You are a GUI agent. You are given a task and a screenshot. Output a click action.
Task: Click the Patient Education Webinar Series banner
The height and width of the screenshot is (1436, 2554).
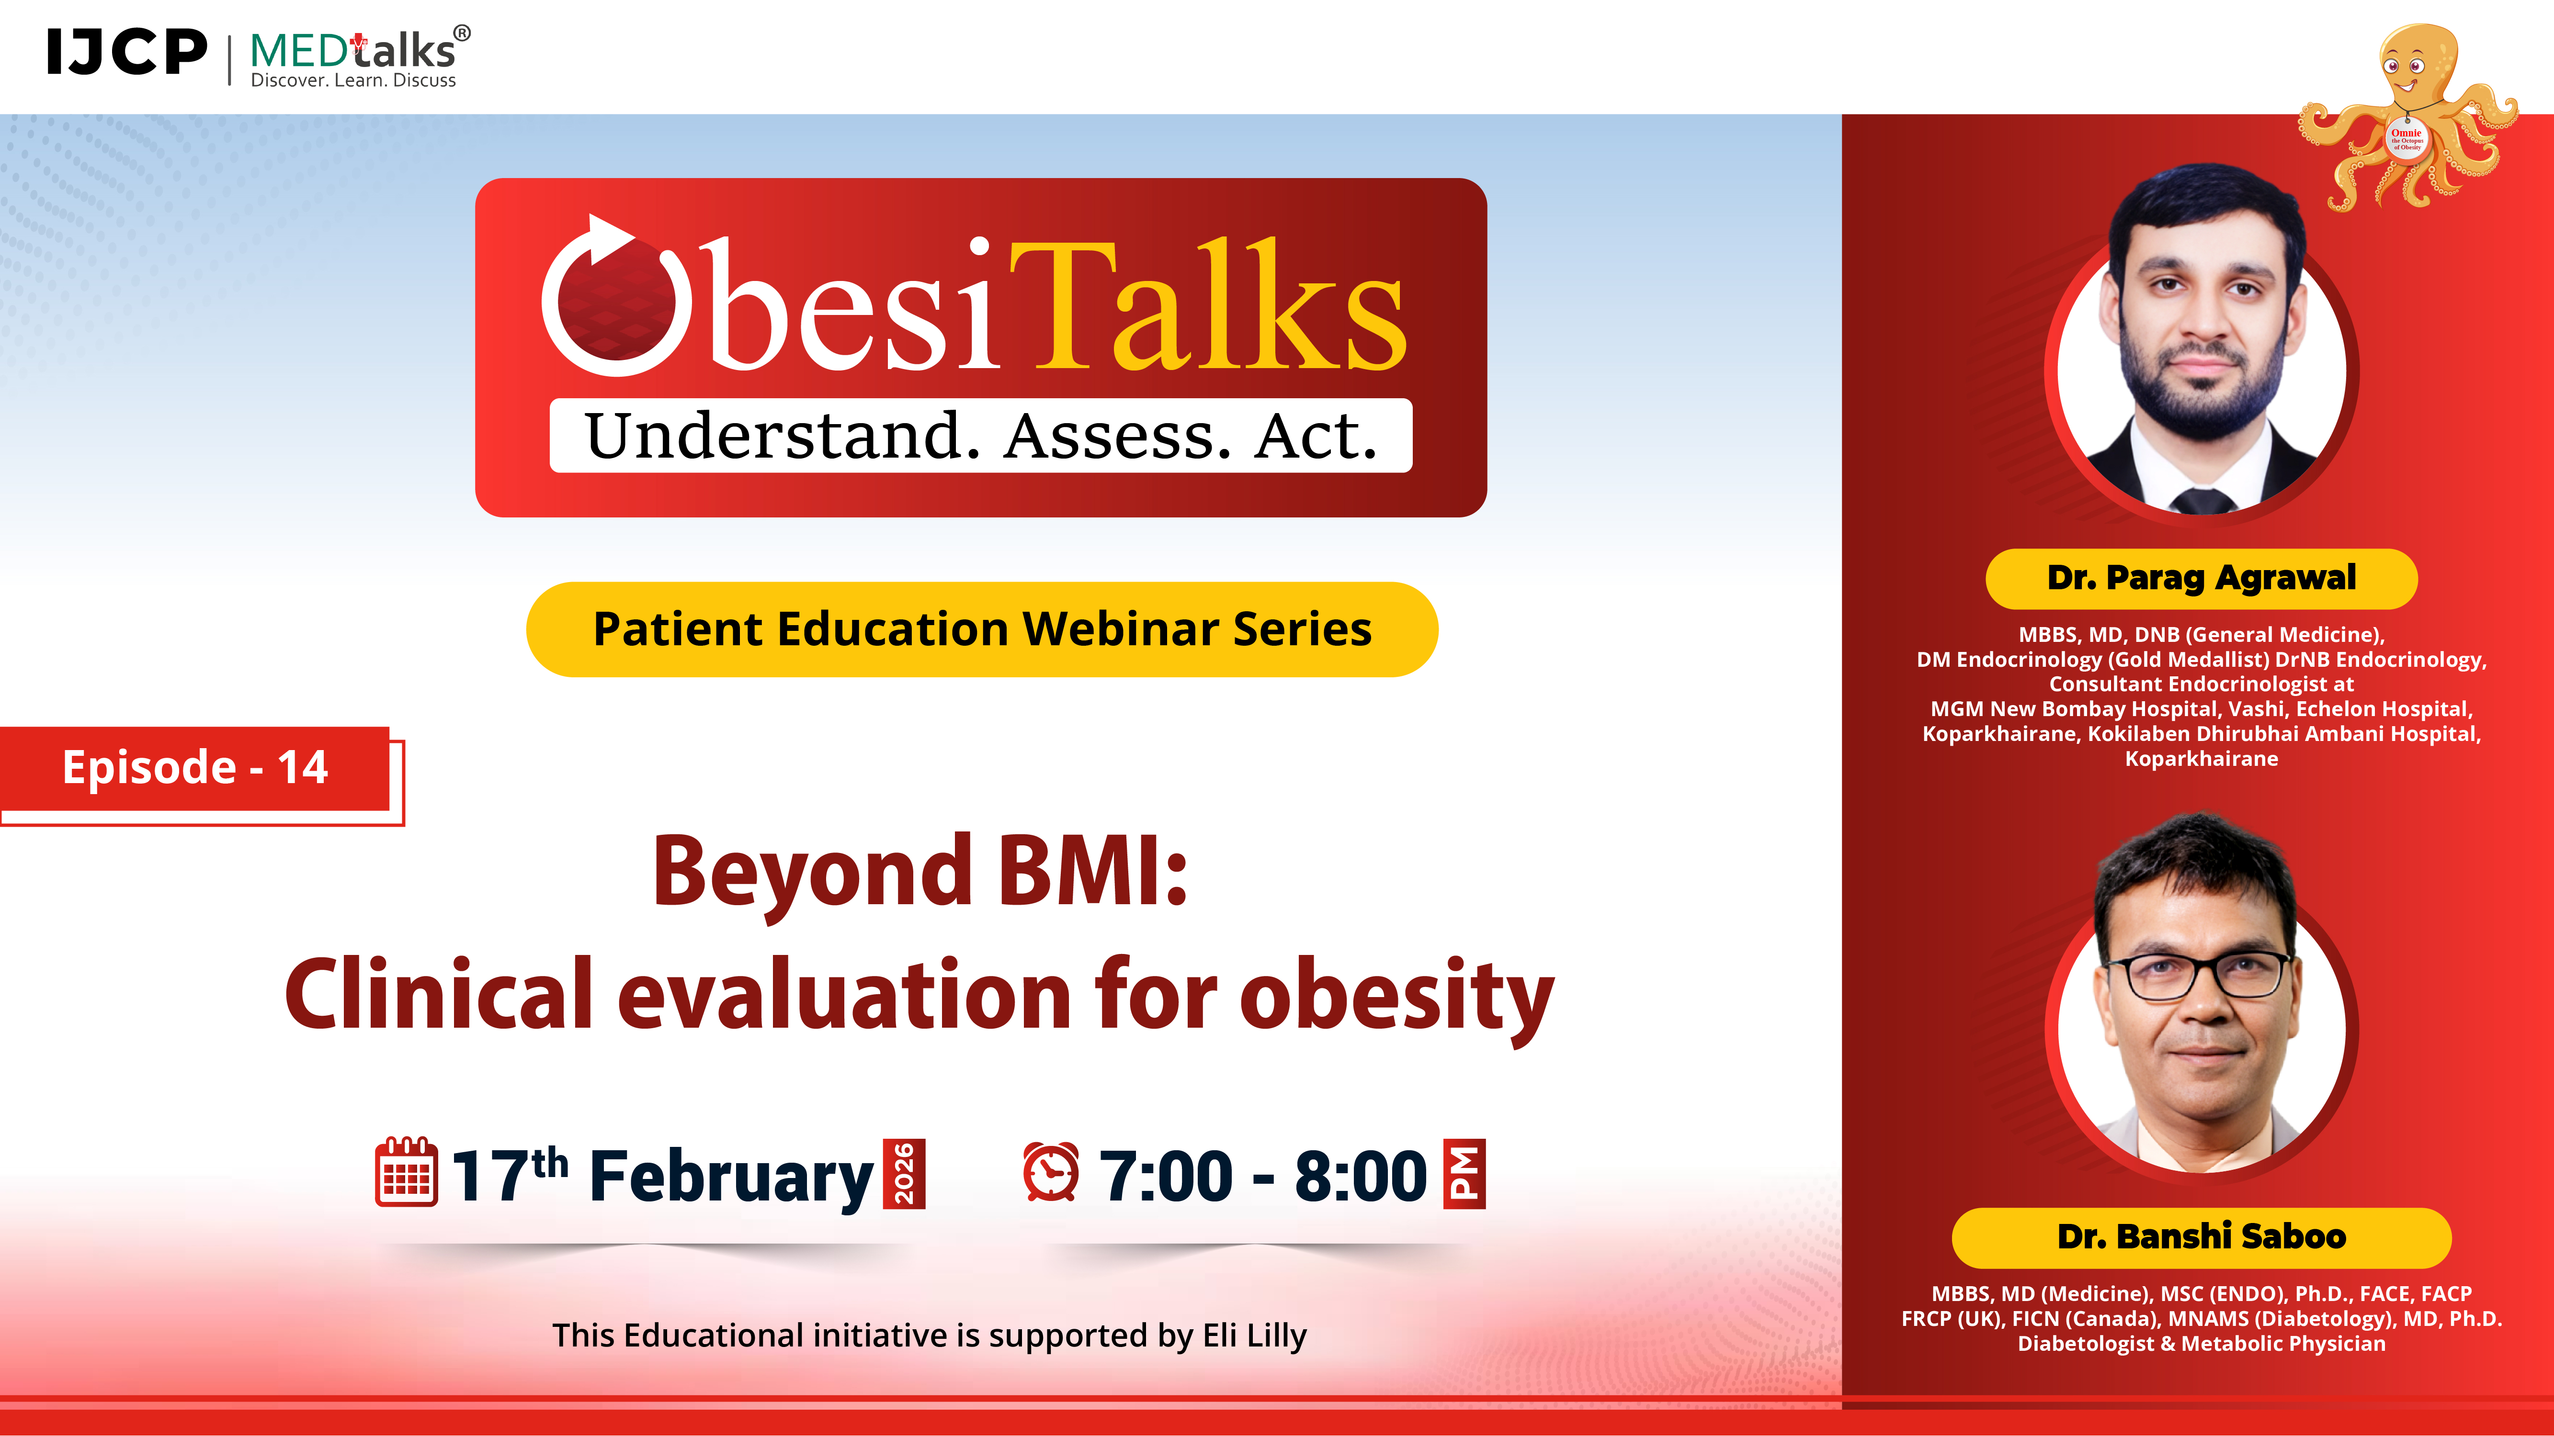[x=982, y=629]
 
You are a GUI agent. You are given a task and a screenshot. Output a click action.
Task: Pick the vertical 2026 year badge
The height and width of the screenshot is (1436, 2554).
[x=904, y=1174]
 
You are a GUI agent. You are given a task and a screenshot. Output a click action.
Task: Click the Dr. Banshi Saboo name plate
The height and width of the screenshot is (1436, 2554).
[x=2201, y=1237]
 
